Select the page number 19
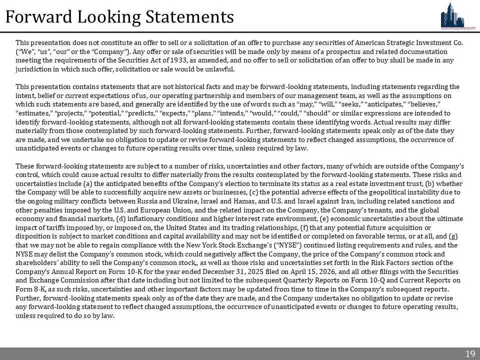tap(470, 354)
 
